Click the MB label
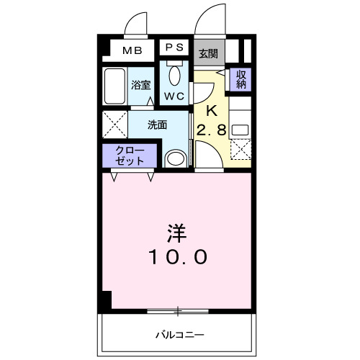pyautogui.click(x=131, y=50)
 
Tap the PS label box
pyautogui.click(x=174, y=47)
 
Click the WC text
pyautogui.click(x=174, y=95)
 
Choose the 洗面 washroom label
pyautogui.click(x=157, y=124)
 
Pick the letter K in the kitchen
pyautogui.click(x=212, y=111)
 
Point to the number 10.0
pyautogui.click(x=179, y=256)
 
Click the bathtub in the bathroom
pyautogui.click(x=115, y=87)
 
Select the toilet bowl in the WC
pyautogui.click(x=174, y=74)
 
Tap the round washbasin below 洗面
pyautogui.click(x=174, y=158)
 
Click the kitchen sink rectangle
pyautogui.click(x=240, y=130)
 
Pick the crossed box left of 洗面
pyautogui.click(x=114, y=125)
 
